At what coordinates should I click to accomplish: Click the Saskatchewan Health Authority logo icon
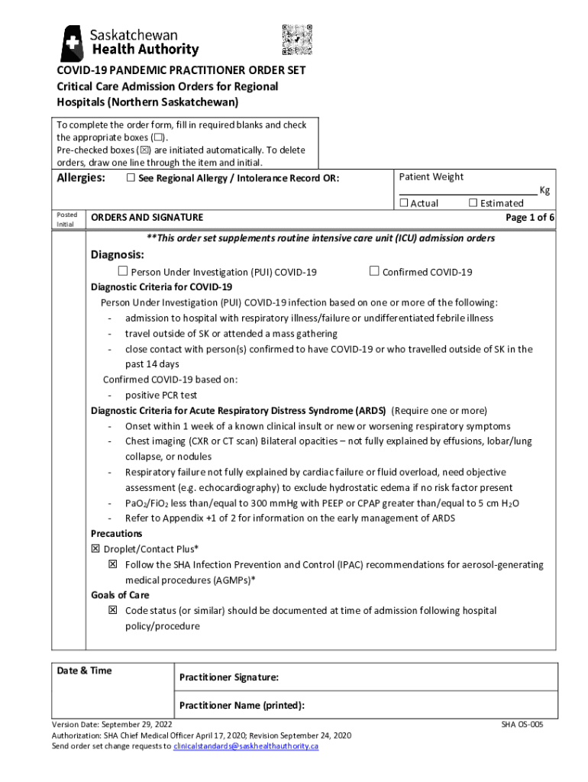73,44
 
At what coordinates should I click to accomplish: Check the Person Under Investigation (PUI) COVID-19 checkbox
122,271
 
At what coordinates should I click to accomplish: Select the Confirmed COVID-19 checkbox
374,271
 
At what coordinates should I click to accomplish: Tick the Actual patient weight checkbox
404,202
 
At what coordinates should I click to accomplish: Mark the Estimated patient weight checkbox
473,202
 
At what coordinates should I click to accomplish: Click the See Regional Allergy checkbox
130,178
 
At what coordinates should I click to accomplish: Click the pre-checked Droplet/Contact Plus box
95,549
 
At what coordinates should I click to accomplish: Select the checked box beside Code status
112,610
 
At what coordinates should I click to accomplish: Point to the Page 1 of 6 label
530,218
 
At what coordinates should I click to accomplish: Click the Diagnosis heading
118,254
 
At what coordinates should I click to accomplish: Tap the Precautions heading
116,534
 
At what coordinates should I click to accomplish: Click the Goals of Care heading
120,595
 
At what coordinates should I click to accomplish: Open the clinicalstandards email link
245,746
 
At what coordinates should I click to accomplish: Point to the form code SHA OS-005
522,724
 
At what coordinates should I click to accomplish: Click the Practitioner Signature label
228,677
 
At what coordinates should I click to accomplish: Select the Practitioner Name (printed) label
241,706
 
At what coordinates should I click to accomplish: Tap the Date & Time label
84,671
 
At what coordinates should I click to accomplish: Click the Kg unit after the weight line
544,190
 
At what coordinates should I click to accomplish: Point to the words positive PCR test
161,395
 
